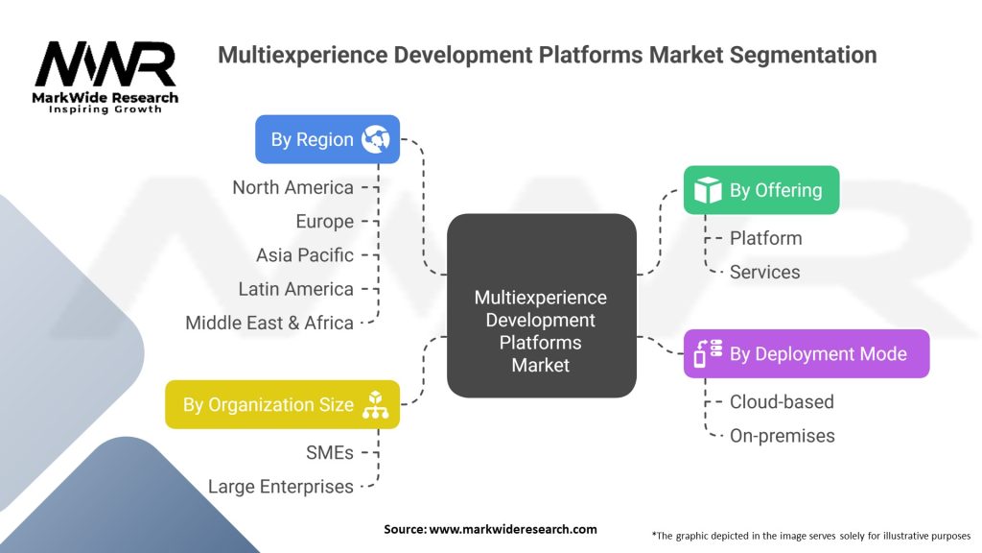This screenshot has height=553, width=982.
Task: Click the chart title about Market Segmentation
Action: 547,55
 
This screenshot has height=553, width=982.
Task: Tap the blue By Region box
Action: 327,139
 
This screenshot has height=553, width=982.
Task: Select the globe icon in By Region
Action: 375,139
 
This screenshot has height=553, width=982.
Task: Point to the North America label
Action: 292,187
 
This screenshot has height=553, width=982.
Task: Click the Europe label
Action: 324,221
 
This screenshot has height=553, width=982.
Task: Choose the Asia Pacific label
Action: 304,254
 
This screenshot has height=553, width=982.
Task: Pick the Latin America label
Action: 295,288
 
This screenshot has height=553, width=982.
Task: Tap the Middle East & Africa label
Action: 269,323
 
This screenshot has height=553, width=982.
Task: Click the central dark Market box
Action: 541,305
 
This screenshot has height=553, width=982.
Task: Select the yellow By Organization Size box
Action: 282,404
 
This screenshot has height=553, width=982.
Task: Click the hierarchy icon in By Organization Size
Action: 375,404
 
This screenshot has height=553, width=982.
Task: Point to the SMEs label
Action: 329,452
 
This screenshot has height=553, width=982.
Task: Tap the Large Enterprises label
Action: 280,487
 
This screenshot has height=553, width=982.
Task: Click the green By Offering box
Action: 760,190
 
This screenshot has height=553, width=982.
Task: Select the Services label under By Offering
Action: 764,272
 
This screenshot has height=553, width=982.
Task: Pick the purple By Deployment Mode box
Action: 806,353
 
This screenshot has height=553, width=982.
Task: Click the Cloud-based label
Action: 782,401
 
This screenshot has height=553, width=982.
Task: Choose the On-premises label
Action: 782,436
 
